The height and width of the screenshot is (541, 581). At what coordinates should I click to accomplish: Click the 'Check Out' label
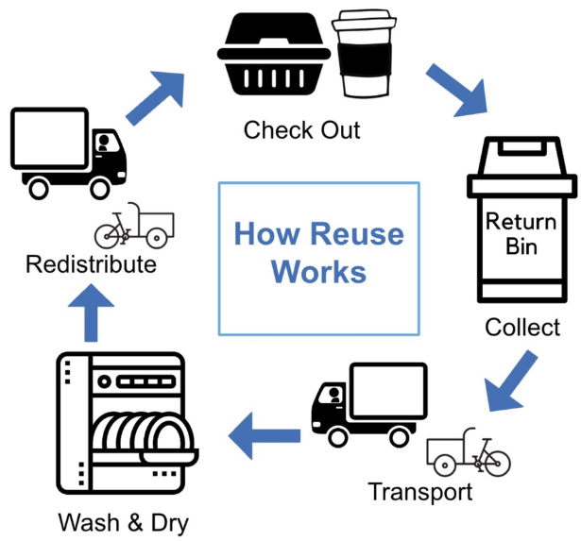301,129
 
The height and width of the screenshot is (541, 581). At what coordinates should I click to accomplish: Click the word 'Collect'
522,328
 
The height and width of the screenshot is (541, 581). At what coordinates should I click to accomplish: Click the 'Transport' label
419,492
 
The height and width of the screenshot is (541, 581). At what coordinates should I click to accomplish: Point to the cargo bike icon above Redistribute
134,226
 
